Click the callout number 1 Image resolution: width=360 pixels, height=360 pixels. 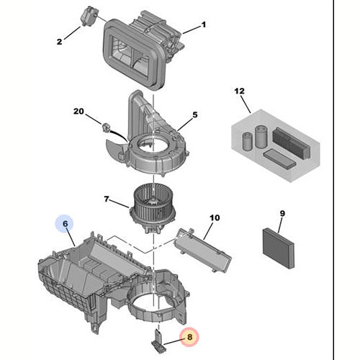[203, 25]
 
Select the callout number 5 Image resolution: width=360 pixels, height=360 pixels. [194, 114]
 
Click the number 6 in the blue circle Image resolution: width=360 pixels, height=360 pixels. [65, 224]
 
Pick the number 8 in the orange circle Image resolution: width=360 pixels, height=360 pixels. [189, 336]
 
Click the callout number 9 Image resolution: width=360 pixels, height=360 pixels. [282, 213]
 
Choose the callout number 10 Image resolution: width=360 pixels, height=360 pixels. [214, 217]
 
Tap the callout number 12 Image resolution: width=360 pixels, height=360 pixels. [240, 91]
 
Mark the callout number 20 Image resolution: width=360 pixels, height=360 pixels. [79, 111]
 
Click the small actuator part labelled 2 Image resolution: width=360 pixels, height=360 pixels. [89, 14]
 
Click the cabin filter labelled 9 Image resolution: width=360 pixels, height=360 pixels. [276, 247]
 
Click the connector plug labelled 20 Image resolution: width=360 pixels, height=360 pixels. [107, 127]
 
